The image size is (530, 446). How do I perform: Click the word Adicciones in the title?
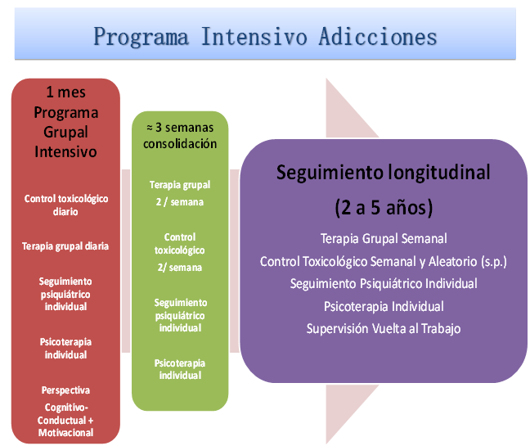(378, 37)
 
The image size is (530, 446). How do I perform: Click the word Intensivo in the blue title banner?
(254, 37)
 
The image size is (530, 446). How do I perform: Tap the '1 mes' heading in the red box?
(66, 92)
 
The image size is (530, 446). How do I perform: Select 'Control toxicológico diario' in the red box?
(66, 205)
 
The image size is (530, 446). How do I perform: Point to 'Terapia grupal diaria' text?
(65, 246)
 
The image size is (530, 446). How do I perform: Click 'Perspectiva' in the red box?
(65, 390)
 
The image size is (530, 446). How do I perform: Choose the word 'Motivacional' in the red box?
(65, 432)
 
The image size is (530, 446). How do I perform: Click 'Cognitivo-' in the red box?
(66, 408)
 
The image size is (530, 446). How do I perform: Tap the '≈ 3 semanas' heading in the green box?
(180, 128)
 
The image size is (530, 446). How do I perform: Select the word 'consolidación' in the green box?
(180, 144)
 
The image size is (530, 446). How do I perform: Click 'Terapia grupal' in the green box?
(180, 185)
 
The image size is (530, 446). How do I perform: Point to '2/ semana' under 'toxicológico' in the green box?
(179, 268)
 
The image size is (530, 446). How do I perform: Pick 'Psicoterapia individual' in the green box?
(180, 369)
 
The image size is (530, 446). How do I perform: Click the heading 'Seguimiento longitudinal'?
(384, 172)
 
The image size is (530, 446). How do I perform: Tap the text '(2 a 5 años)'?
(384, 207)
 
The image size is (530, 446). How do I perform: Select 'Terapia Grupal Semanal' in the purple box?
(384, 239)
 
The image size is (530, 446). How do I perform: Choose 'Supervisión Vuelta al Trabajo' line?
(384, 329)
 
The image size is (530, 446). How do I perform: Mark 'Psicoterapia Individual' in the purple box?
(384, 306)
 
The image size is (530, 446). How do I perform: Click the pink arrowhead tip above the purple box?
(326, 79)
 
